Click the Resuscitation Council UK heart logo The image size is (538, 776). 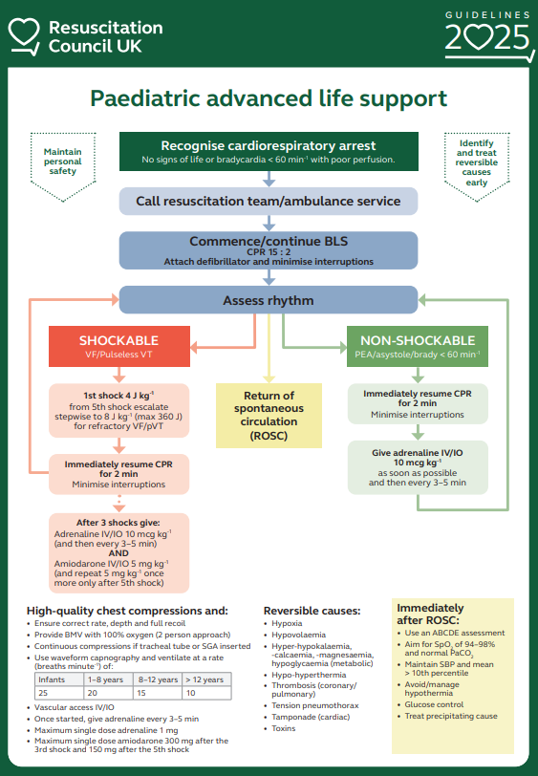coord(24,35)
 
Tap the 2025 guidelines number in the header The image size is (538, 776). coord(486,38)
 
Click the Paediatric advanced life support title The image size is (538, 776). coord(269,98)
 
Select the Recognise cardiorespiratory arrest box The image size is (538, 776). coord(269,151)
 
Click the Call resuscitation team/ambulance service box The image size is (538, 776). coord(269,201)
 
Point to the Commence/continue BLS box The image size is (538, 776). coord(269,249)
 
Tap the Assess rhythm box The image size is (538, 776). coord(269,300)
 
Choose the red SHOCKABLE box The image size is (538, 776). coord(119,347)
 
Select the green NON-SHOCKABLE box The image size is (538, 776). coord(418,347)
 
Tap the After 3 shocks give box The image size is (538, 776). coord(119,552)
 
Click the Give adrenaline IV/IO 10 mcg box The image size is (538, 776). coord(418,466)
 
